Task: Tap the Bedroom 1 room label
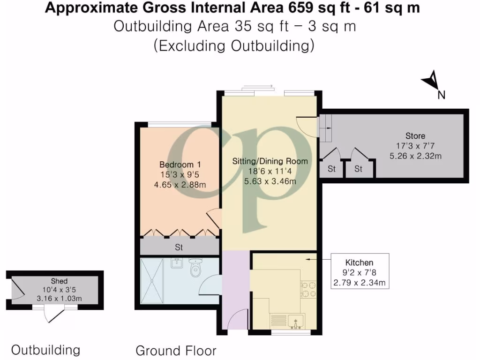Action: point(180,165)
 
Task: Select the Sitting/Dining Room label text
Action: point(270,161)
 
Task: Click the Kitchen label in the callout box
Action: point(360,262)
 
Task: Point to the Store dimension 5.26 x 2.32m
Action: point(416,156)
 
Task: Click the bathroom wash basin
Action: point(177,263)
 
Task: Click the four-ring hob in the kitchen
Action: point(308,289)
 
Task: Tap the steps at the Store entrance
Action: point(325,128)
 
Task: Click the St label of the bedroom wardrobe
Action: point(179,247)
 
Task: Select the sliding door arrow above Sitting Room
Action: point(257,86)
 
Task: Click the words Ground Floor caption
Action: point(176,350)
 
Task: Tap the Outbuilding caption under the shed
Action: point(45,350)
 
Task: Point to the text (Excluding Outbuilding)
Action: point(234,46)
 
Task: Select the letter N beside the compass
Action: point(441,95)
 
